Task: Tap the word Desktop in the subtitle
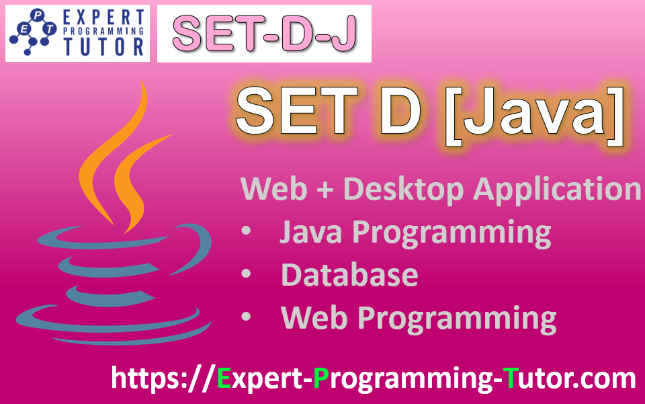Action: point(402,190)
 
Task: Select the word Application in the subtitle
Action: point(557,190)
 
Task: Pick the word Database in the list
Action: point(349,275)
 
